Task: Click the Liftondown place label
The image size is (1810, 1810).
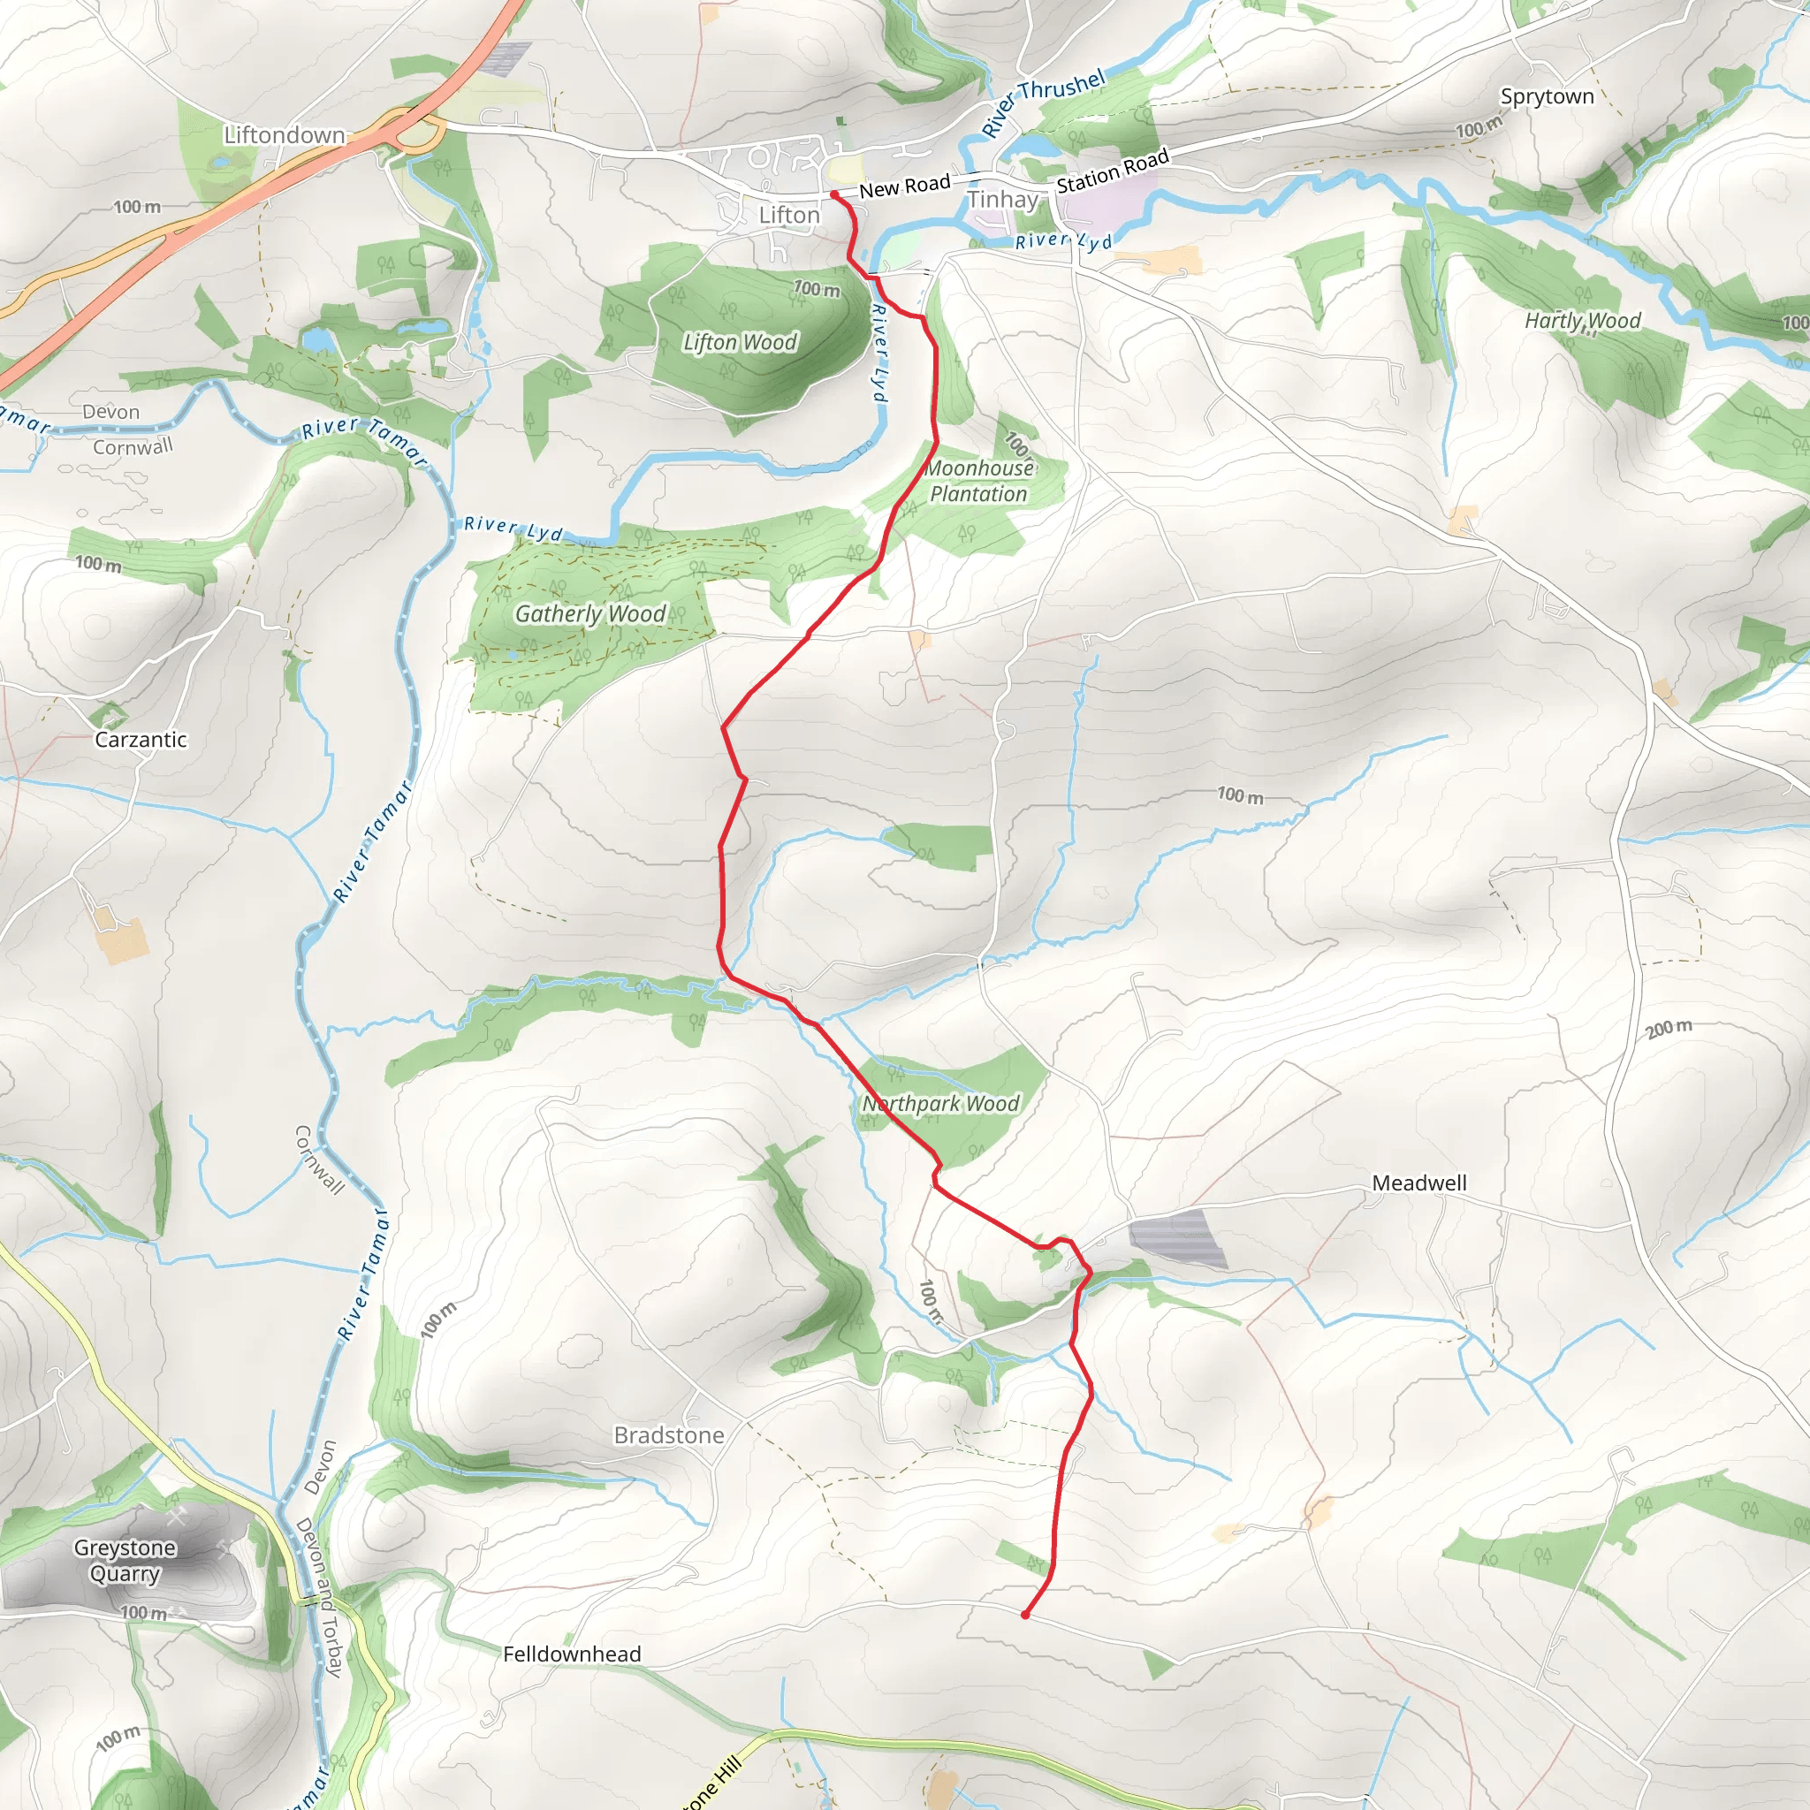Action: pyautogui.click(x=284, y=135)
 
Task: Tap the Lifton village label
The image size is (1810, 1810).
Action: pyautogui.click(x=789, y=216)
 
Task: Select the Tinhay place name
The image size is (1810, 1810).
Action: pyautogui.click(x=1002, y=200)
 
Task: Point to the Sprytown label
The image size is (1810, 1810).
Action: pyautogui.click(x=1547, y=96)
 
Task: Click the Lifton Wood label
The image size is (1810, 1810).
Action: pyautogui.click(x=740, y=342)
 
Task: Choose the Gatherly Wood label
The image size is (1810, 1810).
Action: pyautogui.click(x=590, y=613)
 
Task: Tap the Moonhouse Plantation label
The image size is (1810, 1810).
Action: pyautogui.click(x=979, y=481)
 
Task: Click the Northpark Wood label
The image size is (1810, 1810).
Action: pyautogui.click(x=940, y=1104)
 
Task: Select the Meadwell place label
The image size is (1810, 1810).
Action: pyautogui.click(x=1419, y=1183)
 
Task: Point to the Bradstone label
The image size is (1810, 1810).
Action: pyautogui.click(x=669, y=1435)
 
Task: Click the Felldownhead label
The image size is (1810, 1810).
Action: pyautogui.click(x=572, y=1654)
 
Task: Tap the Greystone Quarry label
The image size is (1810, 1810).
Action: pyautogui.click(x=125, y=1561)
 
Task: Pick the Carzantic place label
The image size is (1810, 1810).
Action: pyautogui.click(x=141, y=740)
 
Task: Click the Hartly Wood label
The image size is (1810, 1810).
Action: pyautogui.click(x=1582, y=321)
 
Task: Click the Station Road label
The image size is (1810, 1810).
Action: pyautogui.click(x=1112, y=171)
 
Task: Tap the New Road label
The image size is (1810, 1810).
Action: pyautogui.click(x=904, y=186)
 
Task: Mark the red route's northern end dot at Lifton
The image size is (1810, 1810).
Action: pyautogui.click(x=833, y=194)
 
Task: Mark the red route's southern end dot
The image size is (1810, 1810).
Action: pyautogui.click(x=1026, y=1616)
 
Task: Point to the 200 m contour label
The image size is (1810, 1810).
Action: pyautogui.click(x=1669, y=1028)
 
